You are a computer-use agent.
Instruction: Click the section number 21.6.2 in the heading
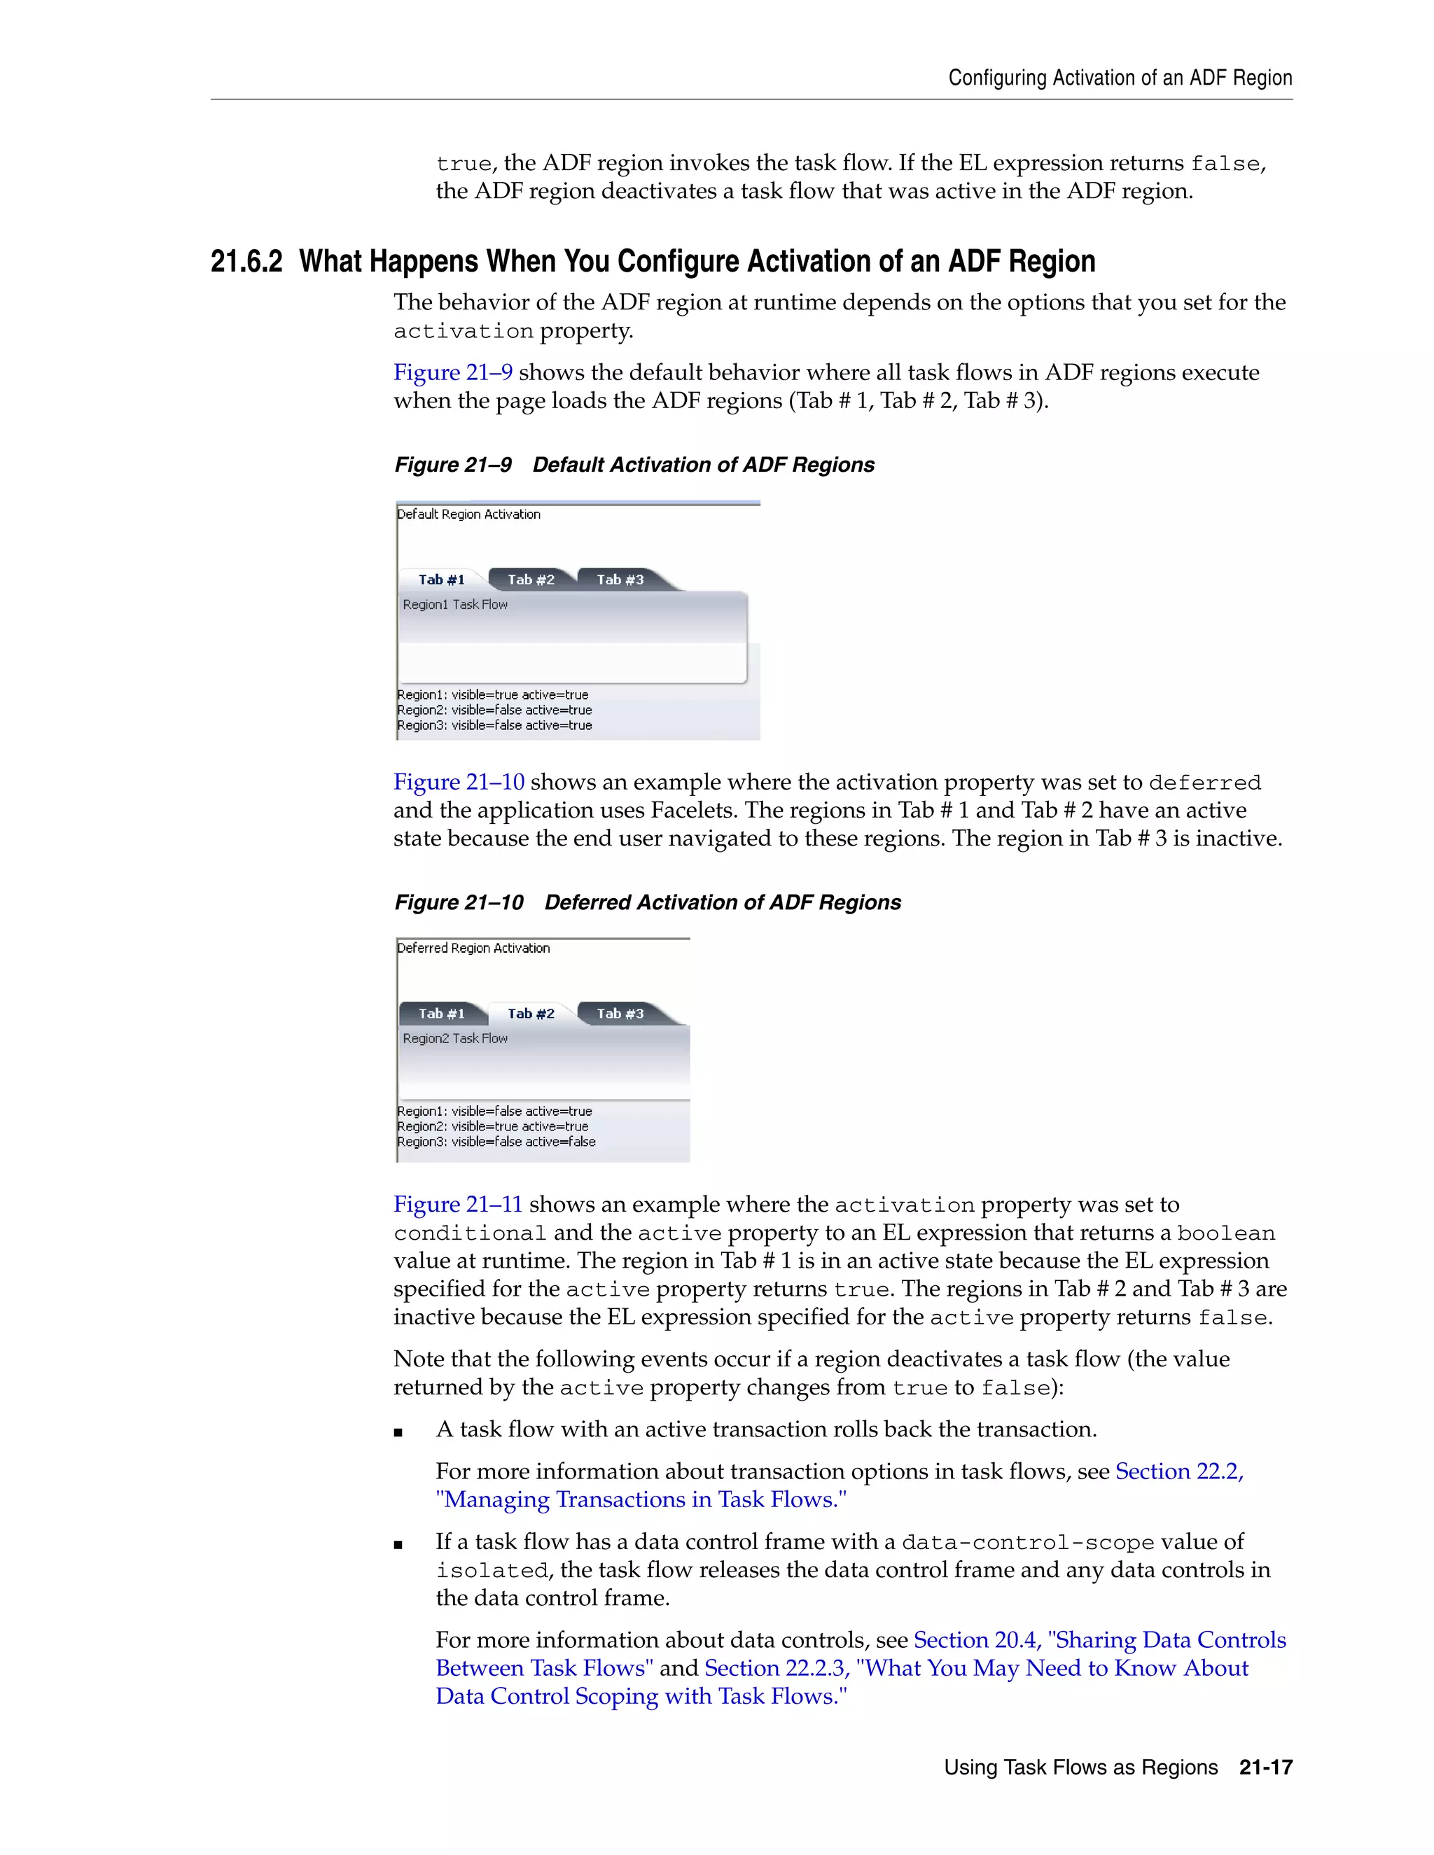246,262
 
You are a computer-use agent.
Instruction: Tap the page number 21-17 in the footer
1265,1767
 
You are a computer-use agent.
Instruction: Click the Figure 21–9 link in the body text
453,373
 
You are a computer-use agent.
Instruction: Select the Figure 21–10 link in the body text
459,783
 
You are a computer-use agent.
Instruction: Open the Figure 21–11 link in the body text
458,1205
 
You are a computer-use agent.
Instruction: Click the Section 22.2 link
1179,1472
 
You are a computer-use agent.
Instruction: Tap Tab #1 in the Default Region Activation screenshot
442,580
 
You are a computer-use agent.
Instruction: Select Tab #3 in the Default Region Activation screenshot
620,580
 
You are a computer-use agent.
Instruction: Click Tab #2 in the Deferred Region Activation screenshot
531,1014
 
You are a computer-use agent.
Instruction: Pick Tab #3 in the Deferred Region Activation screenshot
620,1014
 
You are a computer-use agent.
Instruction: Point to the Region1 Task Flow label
455,605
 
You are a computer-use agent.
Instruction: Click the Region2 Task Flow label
455,1039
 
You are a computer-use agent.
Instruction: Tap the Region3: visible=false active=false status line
496,1142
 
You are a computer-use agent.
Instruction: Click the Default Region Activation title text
469,514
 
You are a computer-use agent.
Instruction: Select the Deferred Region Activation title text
474,948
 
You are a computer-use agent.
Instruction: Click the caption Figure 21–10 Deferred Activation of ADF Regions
648,903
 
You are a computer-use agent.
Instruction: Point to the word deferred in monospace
1204,783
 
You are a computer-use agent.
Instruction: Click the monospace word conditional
470,1233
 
